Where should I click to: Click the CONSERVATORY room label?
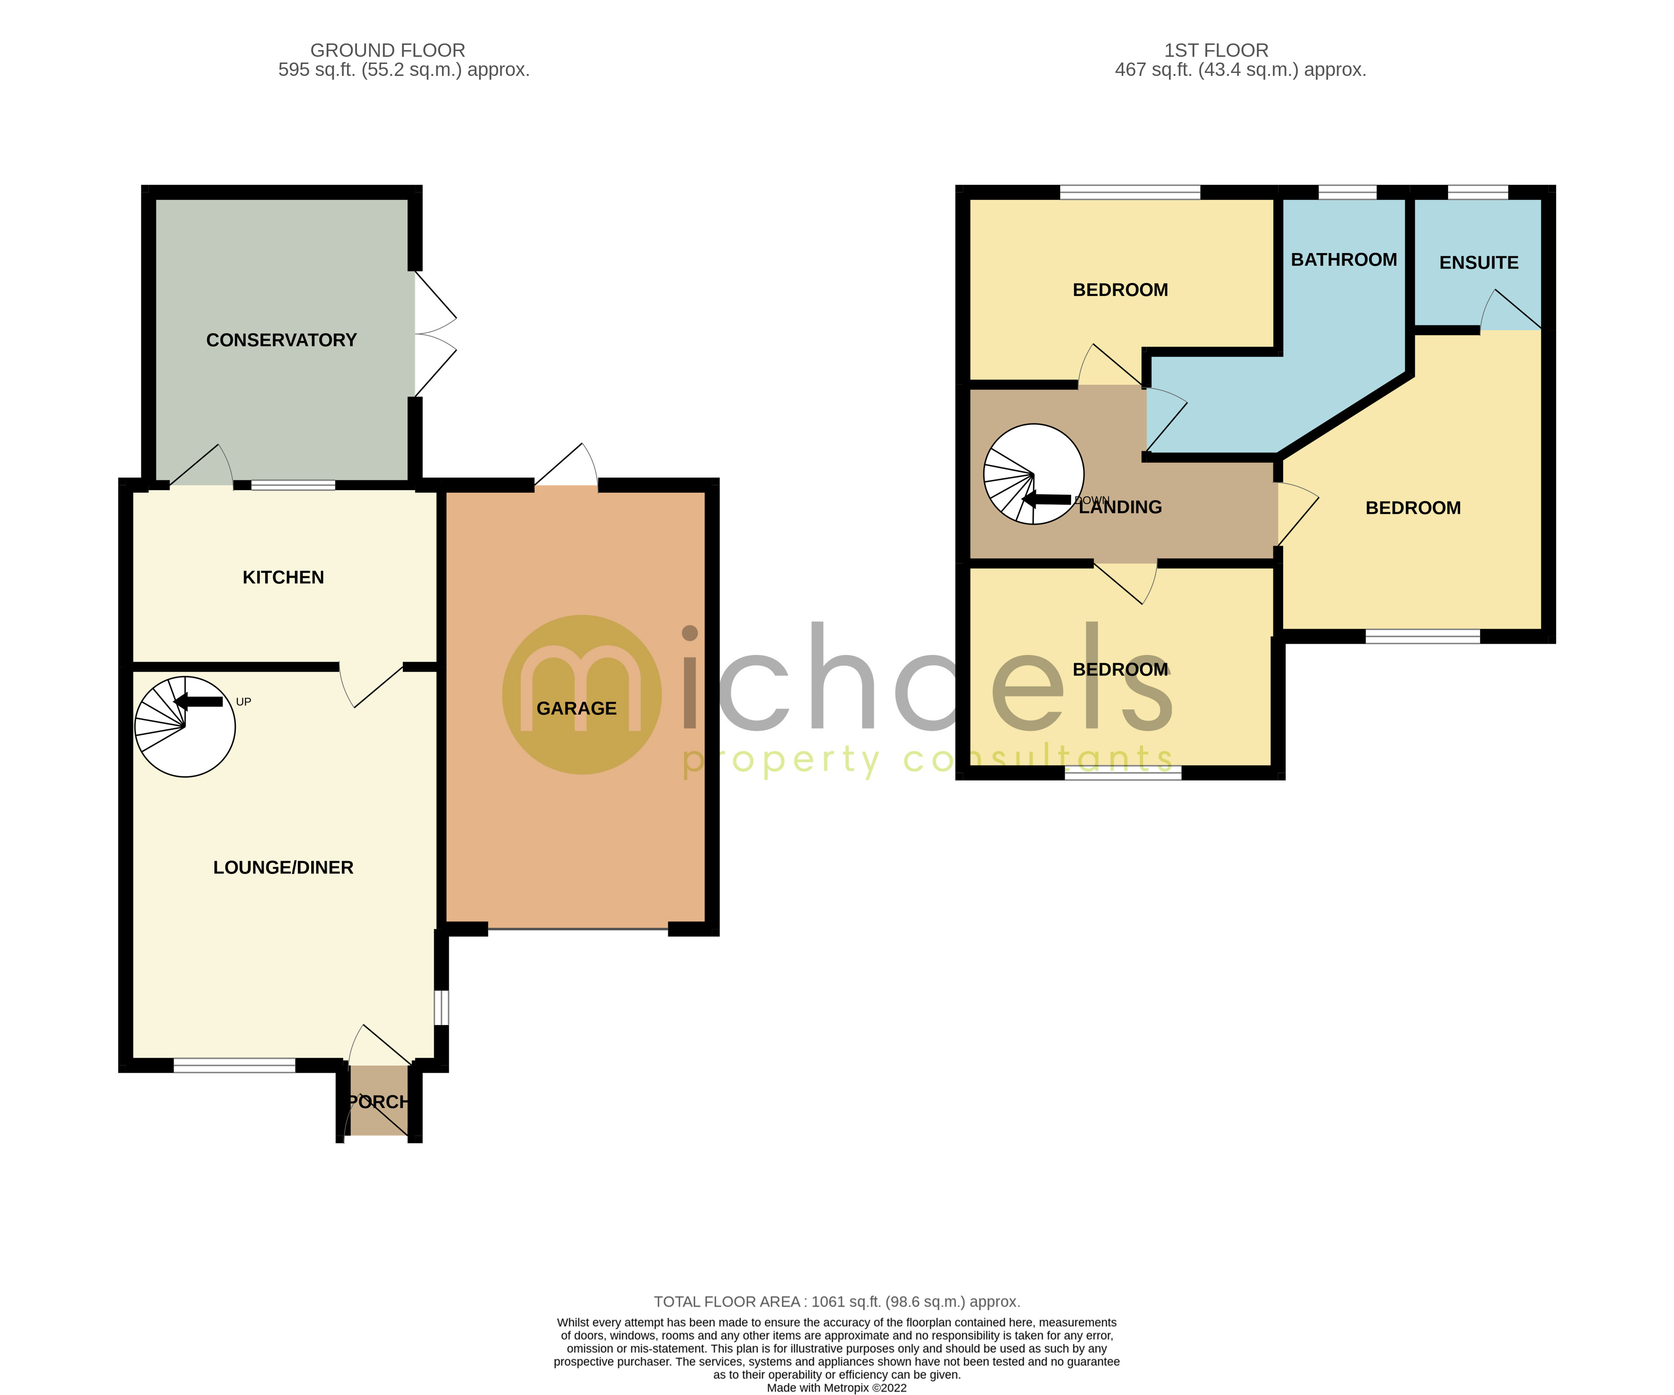coord(282,340)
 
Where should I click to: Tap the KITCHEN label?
coord(283,577)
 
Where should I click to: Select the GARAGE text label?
coord(576,708)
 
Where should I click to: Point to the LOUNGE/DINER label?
coord(283,867)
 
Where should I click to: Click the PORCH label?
coord(379,1102)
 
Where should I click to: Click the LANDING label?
coord(1120,507)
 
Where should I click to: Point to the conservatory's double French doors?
coord(434,334)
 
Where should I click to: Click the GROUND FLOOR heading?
coord(388,50)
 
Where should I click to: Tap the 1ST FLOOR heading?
coord(1216,50)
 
